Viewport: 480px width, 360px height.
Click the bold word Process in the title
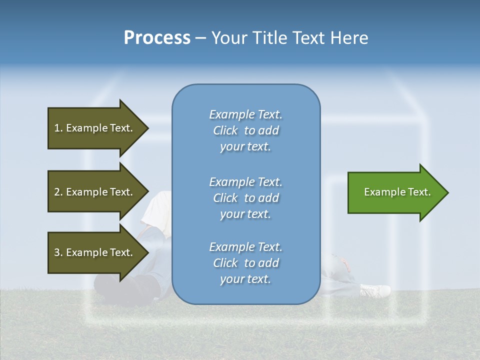[x=157, y=38]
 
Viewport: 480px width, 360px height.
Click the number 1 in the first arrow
[x=57, y=128]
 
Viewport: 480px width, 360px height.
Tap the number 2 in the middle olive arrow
[x=57, y=192]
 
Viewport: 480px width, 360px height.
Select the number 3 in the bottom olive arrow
[x=57, y=252]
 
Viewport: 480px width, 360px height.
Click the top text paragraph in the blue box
[x=245, y=130]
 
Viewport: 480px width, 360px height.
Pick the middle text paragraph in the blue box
[x=245, y=198]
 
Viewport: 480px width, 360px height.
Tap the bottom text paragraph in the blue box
[x=245, y=263]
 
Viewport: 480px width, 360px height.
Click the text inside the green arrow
[x=397, y=192]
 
